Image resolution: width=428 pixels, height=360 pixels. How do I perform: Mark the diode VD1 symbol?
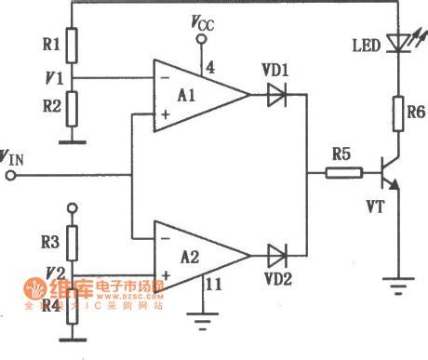275,93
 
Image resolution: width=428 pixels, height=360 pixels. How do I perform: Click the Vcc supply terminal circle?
202,40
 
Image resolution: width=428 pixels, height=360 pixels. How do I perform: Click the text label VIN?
16,155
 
